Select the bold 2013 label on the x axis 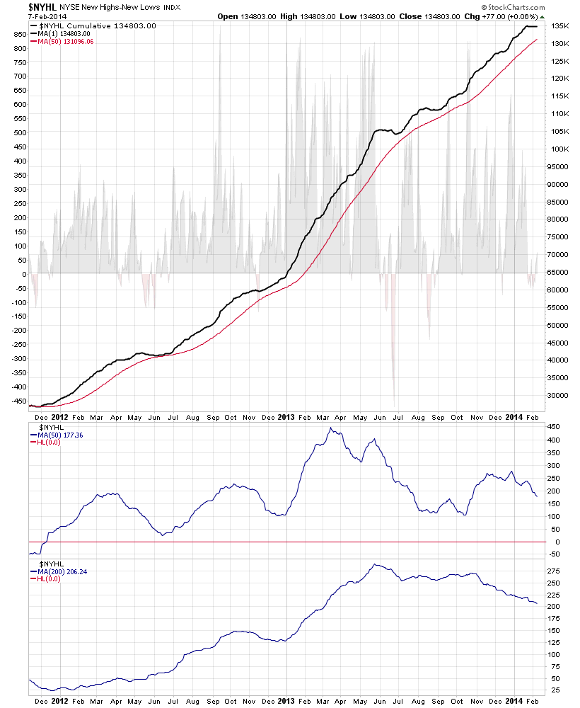point(285,418)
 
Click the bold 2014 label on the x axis point(514,418)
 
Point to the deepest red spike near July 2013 point(394,404)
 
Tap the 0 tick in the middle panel point(555,542)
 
